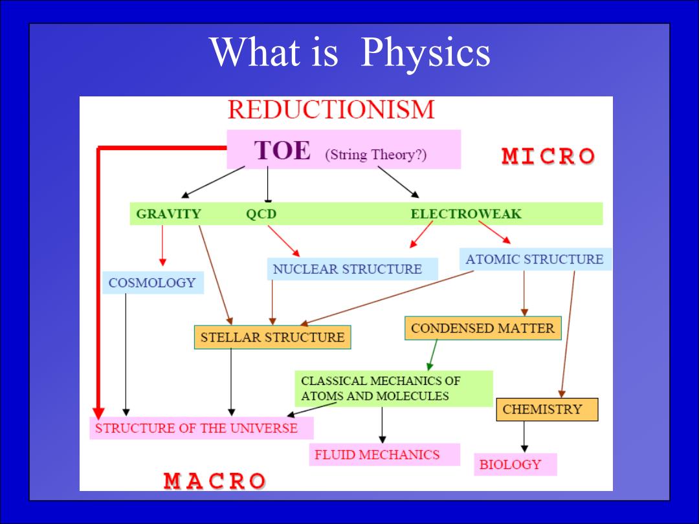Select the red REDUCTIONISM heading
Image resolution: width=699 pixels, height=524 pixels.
click(x=331, y=109)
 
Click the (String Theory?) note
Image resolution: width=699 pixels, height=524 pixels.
click(x=376, y=155)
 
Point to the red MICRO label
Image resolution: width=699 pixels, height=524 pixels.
click(x=548, y=156)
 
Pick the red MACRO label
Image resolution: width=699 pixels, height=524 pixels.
click(x=214, y=481)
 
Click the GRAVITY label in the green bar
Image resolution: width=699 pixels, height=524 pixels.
click(x=168, y=214)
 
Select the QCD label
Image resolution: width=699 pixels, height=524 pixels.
click(x=261, y=214)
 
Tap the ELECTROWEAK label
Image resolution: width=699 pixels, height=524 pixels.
click(x=466, y=214)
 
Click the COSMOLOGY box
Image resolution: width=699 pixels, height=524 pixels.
click(x=153, y=283)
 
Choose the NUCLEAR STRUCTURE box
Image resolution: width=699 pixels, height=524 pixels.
click(x=352, y=268)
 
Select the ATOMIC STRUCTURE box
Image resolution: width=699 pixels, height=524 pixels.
click(x=535, y=259)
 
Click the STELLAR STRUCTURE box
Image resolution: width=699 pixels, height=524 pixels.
click(x=272, y=337)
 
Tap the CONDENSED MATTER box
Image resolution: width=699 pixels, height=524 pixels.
click(x=483, y=328)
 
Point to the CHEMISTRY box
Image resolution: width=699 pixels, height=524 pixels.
click(x=547, y=409)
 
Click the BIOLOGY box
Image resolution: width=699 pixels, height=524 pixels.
click(x=515, y=464)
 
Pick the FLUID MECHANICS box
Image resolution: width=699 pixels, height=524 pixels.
click(x=384, y=455)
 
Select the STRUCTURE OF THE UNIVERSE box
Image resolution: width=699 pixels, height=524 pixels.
click(x=201, y=428)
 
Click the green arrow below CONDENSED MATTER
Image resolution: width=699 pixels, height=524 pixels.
click(x=432, y=355)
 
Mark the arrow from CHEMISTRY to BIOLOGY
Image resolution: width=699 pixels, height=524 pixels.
click(x=524, y=437)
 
